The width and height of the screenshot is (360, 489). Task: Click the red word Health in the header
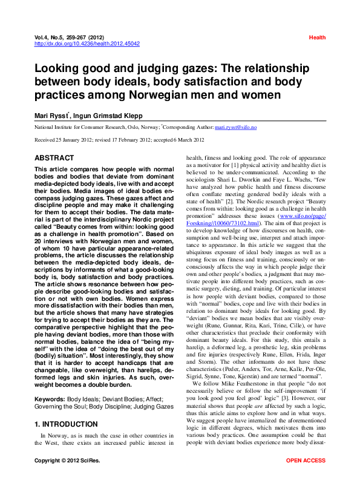pyautogui.click(x=317, y=38)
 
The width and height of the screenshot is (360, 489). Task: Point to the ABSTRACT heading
pyautogui.click(x=54, y=158)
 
